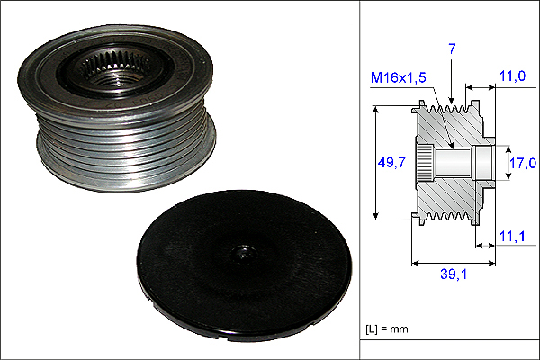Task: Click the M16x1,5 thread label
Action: (x=399, y=78)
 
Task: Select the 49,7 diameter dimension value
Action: (x=391, y=162)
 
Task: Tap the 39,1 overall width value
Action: (x=454, y=274)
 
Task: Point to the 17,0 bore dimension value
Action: (x=523, y=163)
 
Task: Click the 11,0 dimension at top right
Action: (x=512, y=76)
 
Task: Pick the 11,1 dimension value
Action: (x=512, y=237)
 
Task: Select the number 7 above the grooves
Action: (x=452, y=49)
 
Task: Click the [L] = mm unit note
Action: (x=387, y=329)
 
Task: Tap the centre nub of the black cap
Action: (x=244, y=254)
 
